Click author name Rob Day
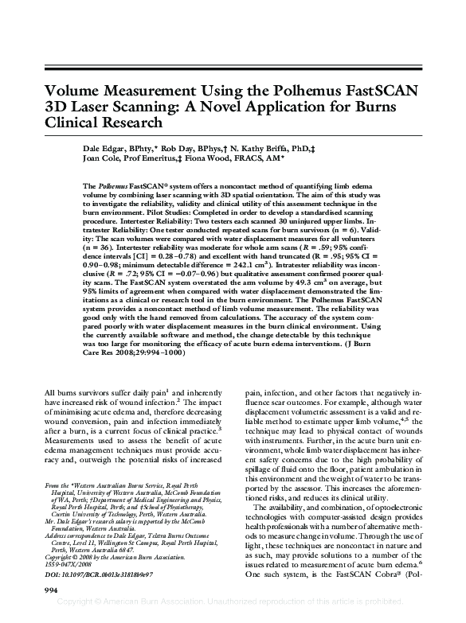(x=187, y=148)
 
